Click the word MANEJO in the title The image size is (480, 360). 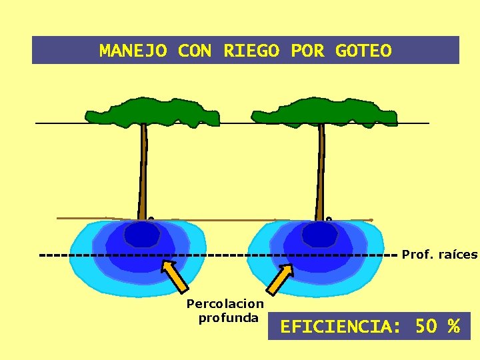[x=133, y=51]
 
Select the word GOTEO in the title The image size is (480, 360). [x=363, y=51]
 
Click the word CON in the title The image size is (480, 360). [x=195, y=51]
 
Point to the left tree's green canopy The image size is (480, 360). [x=153, y=112]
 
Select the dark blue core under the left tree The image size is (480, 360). [x=143, y=234]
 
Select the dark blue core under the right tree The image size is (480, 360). [x=320, y=234]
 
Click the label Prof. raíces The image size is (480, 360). [x=439, y=255]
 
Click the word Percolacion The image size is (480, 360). [x=225, y=304]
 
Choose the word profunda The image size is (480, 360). [x=228, y=317]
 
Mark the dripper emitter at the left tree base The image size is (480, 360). [x=151, y=219]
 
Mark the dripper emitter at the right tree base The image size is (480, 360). [x=329, y=219]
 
